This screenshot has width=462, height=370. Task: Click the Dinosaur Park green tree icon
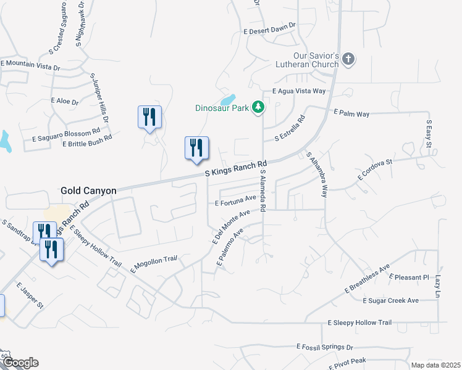[258, 108]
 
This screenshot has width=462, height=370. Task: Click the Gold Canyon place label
[88, 191]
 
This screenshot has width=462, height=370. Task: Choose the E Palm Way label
[351, 113]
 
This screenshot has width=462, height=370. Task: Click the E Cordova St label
[375, 168]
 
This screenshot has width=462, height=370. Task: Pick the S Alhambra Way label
[315, 175]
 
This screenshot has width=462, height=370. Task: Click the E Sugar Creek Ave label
[391, 300]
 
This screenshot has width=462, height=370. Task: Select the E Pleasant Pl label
[409, 277]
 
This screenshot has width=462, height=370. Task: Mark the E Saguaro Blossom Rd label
[66, 132]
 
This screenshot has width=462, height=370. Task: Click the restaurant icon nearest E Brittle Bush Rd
[149, 117]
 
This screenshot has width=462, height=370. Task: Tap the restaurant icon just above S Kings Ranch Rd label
[197, 148]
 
